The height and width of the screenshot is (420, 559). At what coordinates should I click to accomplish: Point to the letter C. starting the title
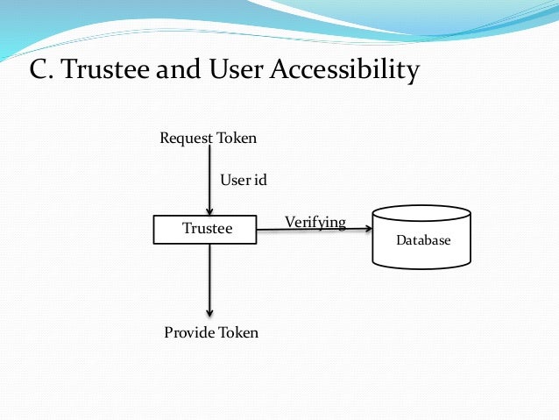point(42,69)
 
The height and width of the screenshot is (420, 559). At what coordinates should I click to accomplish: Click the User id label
point(243,180)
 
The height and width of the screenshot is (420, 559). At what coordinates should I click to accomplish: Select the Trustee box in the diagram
point(207,229)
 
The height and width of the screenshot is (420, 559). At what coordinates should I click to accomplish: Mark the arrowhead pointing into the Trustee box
point(209,210)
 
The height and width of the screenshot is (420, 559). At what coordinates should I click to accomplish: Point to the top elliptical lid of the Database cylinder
point(421,212)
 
